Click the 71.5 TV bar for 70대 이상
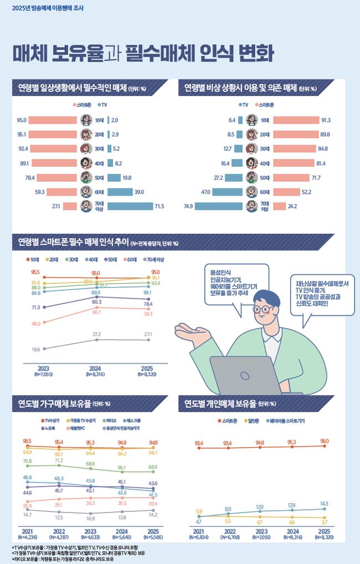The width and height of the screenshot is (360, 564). tap(130, 206)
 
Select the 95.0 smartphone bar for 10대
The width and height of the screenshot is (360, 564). tap(52, 120)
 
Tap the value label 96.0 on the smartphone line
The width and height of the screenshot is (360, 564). tap(324, 440)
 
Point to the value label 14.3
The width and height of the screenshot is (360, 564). tap(324, 504)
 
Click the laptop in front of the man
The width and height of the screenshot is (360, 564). tap(246, 374)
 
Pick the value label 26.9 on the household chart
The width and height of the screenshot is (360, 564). tap(27, 506)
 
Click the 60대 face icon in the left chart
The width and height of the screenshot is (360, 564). tap(85, 192)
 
